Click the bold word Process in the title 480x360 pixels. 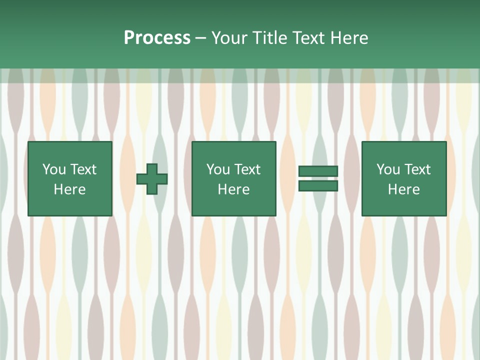pos(157,38)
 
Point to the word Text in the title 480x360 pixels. pos(306,38)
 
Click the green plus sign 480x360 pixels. pos(152,179)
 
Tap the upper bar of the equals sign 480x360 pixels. pos(318,171)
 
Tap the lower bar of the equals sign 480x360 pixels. pos(318,186)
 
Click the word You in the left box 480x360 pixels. pos(54,169)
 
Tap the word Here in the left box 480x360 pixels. pos(69,189)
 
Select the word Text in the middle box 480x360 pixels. pos(247,169)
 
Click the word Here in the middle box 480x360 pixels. pos(233,189)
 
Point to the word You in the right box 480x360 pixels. pos(388,169)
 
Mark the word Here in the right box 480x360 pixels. pos(403,189)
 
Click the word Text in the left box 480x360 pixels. pos(83,169)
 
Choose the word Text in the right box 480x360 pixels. pos(417,169)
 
